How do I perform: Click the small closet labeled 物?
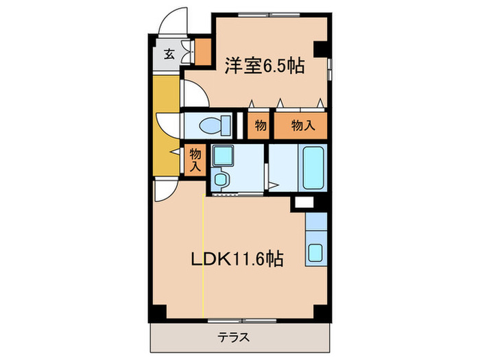tap(260, 125)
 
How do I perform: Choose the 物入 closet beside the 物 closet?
tap(302, 125)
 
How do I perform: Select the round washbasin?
tap(221, 180)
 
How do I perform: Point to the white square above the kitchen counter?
tap(302, 203)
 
